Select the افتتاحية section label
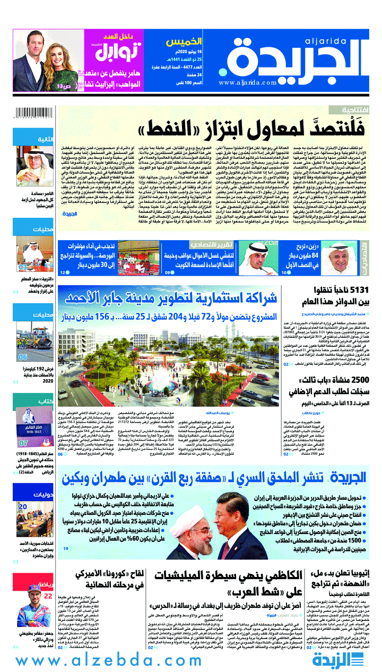(350, 109)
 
